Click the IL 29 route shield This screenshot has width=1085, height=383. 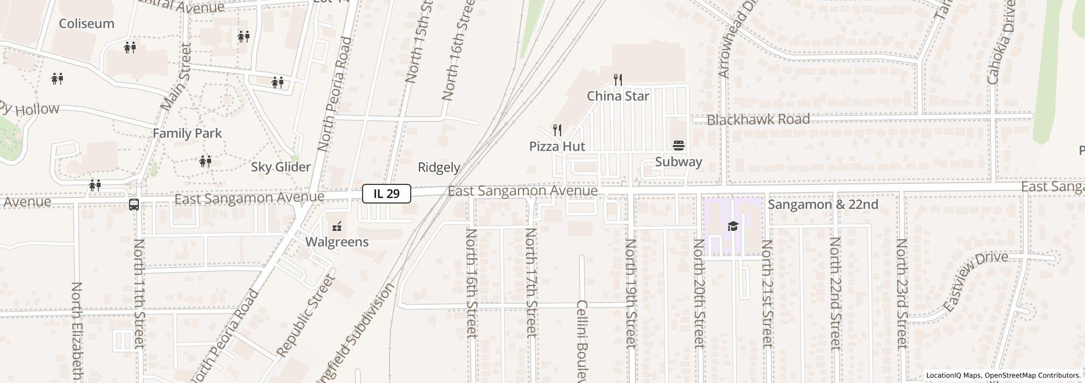386,194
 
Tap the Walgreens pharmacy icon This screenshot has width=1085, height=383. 337,227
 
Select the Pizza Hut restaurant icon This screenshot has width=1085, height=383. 557,130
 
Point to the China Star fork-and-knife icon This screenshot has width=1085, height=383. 618,80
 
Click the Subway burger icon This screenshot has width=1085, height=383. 679,146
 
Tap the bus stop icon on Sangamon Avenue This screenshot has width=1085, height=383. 134,205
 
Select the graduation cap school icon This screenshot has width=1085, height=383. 732,227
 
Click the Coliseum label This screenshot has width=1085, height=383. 86,24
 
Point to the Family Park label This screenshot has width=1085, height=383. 187,134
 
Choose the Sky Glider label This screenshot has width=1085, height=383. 281,167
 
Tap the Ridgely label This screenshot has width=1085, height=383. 439,167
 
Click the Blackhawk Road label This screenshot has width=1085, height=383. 758,119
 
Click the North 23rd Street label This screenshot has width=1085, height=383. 902,293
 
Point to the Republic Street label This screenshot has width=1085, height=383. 306,316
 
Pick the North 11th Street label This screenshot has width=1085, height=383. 139,293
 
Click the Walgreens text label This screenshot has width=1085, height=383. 337,242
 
